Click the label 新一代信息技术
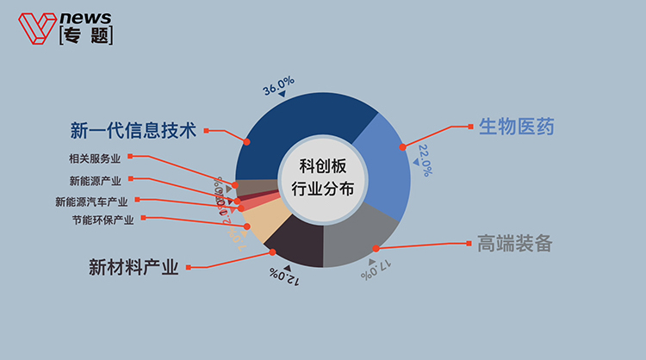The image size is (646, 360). [x=134, y=131]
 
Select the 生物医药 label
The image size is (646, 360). [x=515, y=127]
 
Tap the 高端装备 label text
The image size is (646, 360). [x=513, y=244]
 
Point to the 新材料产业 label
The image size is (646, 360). [x=134, y=266]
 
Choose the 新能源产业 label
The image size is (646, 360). [x=96, y=181]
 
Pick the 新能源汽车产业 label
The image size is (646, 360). [x=91, y=202]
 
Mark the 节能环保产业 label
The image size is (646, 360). [x=102, y=220]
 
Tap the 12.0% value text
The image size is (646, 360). [x=285, y=276]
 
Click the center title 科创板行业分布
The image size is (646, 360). [x=324, y=179]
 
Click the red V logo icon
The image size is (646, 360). [x=35, y=28]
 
